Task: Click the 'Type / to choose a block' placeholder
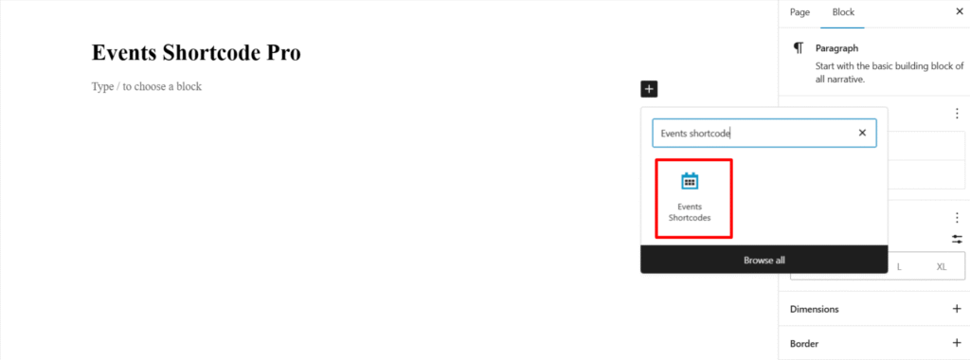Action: [147, 86]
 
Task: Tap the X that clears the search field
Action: [862, 134]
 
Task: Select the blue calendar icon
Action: [689, 181]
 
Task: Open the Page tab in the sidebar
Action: [799, 12]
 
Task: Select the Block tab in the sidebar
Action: [842, 12]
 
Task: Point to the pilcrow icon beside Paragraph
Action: [799, 47]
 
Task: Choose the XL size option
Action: [941, 266]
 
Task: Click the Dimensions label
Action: [814, 309]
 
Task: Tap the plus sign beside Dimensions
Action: [956, 309]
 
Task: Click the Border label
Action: [804, 343]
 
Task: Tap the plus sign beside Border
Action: [956, 343]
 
